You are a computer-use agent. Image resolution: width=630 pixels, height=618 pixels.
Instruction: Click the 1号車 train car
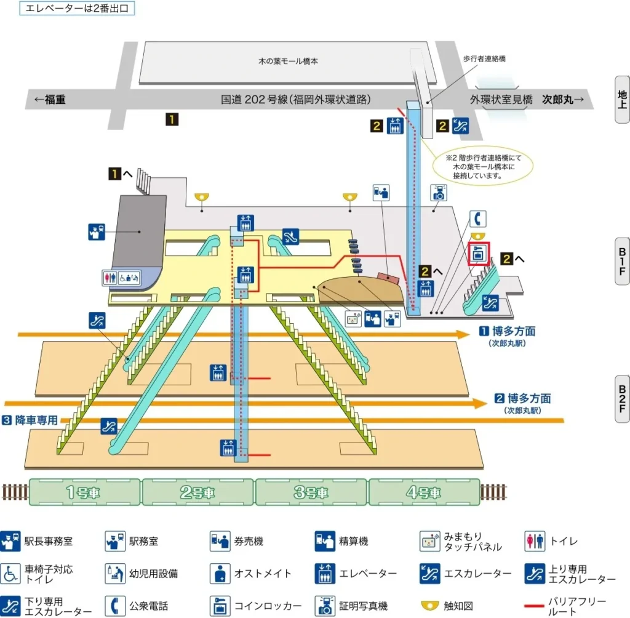pyautogui.click(x=85, y=492)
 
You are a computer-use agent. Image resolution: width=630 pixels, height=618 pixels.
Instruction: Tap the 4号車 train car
pyautogui.click(x=424, y=492)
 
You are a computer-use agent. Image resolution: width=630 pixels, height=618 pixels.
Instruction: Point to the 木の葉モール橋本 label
pyautogui.click(x=287, y=62)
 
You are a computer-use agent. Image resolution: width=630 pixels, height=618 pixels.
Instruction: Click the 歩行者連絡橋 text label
pyautogui.click(x=484, y=58)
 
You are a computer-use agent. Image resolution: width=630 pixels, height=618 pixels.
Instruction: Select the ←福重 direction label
pyautogui.click(x=50, y=99)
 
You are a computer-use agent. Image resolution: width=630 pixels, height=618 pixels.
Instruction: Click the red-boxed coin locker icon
pyautogui.click(x=479, y=254)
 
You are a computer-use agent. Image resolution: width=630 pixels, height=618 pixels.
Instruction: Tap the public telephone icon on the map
pyautogui.click(x=478, y=219)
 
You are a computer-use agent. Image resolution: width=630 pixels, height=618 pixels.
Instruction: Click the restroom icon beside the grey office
pyautogui.click(x=109, y=278)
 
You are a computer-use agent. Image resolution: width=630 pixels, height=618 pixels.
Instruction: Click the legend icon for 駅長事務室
pyautogui.click(x=10, y=541)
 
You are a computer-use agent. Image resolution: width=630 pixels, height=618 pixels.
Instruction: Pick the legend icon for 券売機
pyautogui.click(x=220, y=541)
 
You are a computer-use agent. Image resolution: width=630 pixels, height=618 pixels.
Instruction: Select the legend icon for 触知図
pyautogui.click(x=430, y=606)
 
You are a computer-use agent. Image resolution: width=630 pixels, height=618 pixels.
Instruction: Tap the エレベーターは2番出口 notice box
pyautogui.click(x=78, y=9)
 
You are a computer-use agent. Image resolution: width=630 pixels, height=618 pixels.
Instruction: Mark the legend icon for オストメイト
pyautogui.click(x=220, y=574)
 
